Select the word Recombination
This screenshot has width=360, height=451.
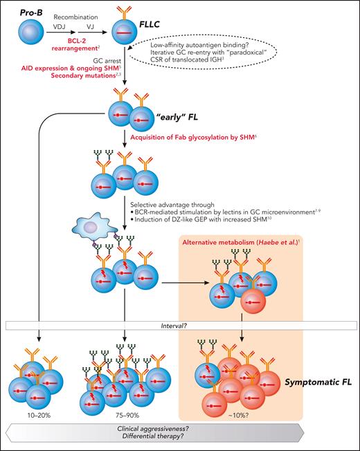[x=82, y=13]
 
